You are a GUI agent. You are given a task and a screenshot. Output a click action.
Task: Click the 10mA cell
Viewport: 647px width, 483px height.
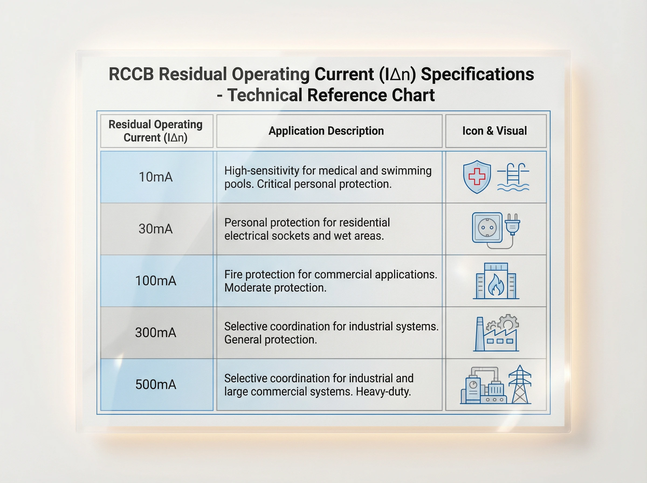[156, 177]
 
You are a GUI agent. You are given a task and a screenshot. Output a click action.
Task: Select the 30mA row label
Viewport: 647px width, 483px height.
[156, 229]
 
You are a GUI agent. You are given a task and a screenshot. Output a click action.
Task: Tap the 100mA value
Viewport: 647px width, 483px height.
[156, 281]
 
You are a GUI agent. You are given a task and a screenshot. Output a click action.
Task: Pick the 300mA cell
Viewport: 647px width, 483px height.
[156, 333]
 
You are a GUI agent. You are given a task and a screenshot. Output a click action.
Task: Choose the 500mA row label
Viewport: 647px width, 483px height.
[156, 384]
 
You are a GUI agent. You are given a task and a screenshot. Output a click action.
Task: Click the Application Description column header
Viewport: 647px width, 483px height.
[326, 131]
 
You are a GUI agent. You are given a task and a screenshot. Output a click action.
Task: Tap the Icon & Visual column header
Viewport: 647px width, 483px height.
[494, 131]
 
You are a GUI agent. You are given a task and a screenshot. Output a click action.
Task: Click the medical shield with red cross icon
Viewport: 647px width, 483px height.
[477, 177]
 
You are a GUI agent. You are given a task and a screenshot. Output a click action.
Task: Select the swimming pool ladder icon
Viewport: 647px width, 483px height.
[513, 177]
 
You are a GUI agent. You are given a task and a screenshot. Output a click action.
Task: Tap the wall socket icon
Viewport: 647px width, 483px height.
[487, 227]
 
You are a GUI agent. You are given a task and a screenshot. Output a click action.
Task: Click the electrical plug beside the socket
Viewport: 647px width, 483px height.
[512, 225]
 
